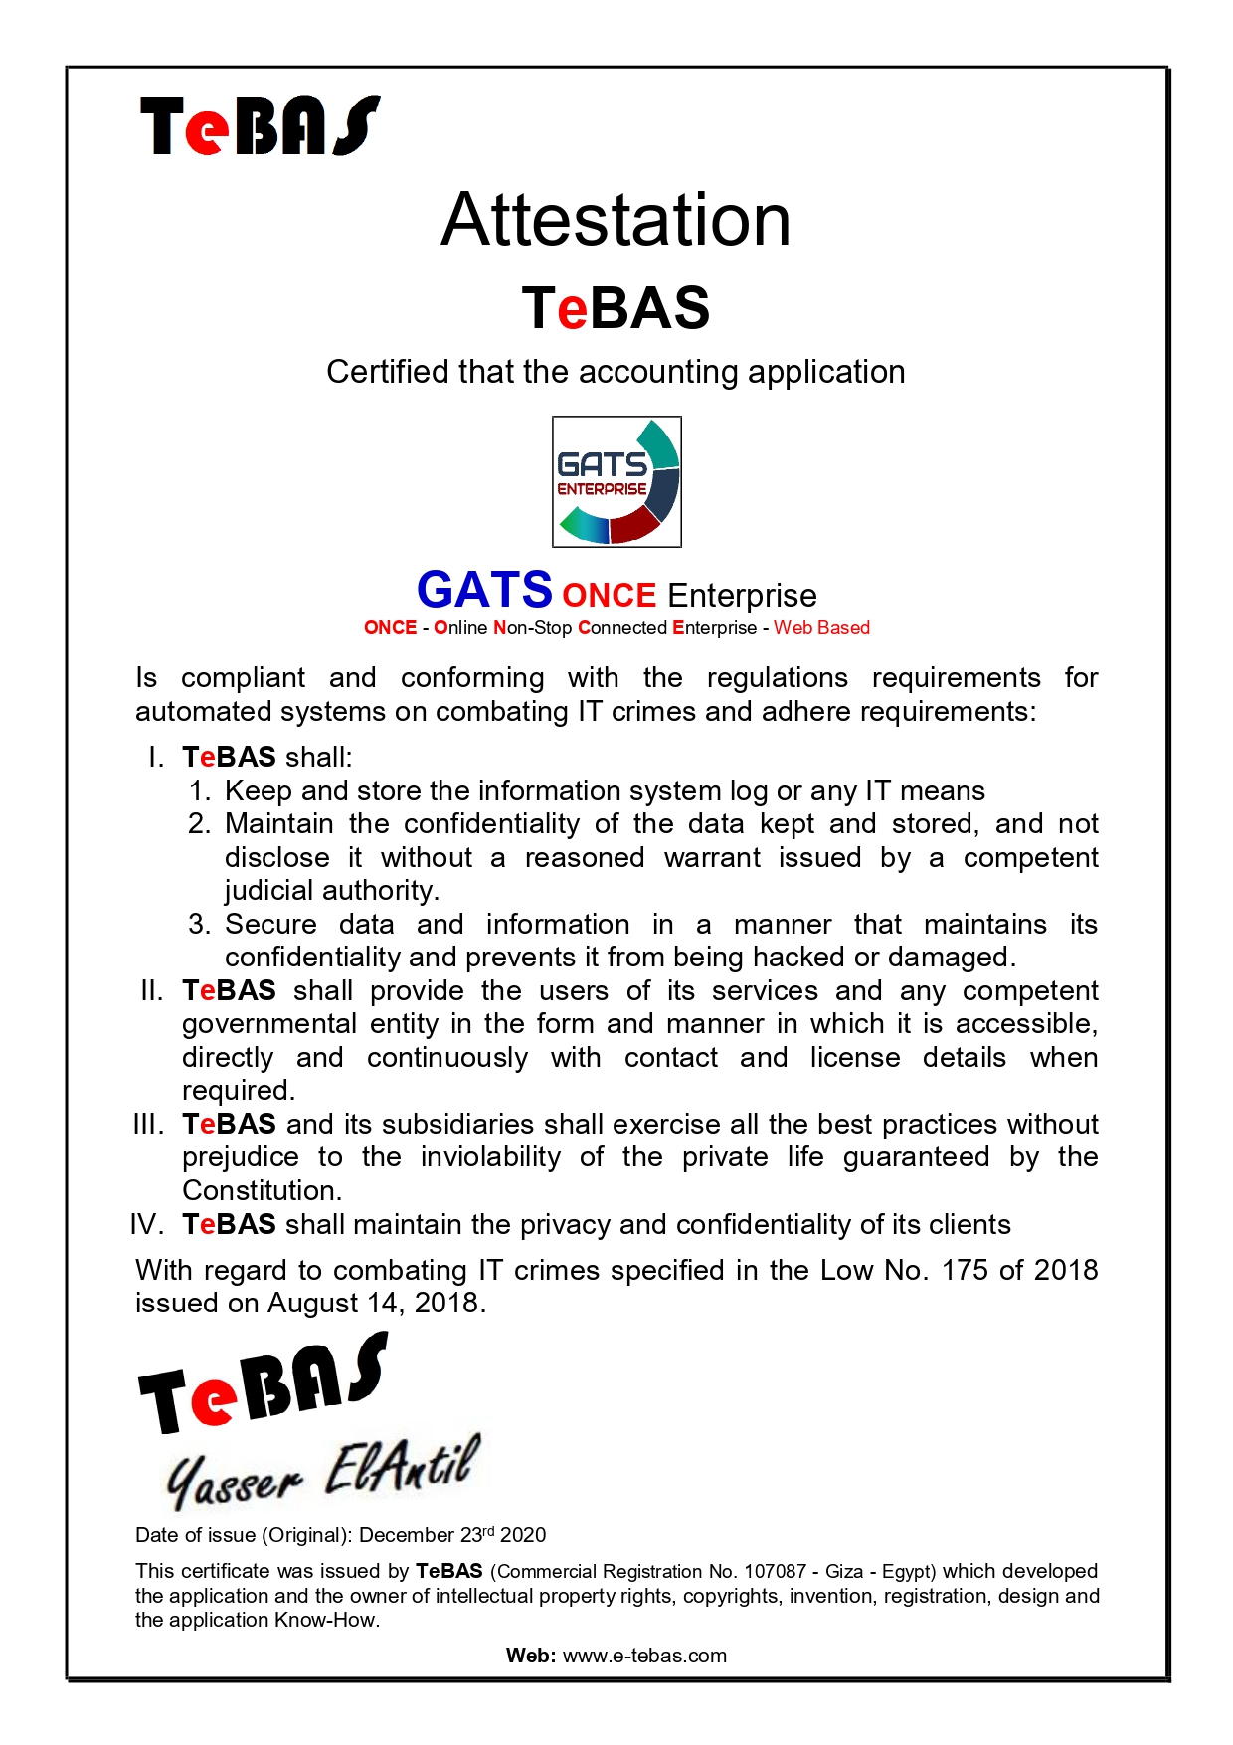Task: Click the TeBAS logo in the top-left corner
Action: (x=260, y=126)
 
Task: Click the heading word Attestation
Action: (x=616, y=220)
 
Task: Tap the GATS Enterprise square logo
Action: (x=616, y=481)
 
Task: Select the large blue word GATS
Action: (x=484, y=590)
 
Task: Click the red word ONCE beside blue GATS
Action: (x=609, y=595)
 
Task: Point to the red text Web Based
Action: (x=821, y=628)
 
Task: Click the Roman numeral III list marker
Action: (x=148, y=1125)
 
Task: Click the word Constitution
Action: (x=262, y=1191)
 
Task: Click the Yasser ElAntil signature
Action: (x=322, y=1472)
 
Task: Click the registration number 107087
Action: (x=775, y=1572)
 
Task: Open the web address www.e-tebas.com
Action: (x=644, y=1657)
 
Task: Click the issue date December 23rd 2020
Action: (x=452, y=1535)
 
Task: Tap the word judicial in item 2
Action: (x=265, y=891)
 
